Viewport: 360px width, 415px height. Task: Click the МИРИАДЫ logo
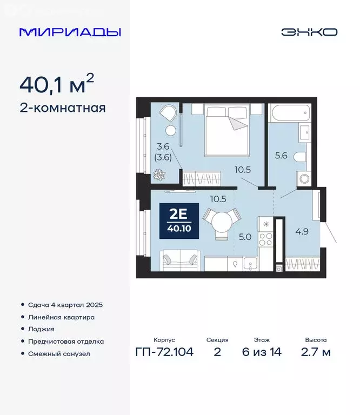[x=70, y=32]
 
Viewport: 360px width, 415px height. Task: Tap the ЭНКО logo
[x=309, y=32]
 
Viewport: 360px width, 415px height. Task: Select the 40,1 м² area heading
[x=57, y=84]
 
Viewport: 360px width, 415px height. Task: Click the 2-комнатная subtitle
[x=62, y=108]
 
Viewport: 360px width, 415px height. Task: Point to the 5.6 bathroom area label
[x=281, y=156]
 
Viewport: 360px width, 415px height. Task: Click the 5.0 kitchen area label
[x=245, y=236]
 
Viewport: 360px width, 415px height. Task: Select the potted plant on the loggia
[x=159, y=174]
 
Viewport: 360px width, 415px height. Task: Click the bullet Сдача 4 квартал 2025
[x=64, y=305]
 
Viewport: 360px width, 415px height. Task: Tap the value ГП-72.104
[x=164, y=353]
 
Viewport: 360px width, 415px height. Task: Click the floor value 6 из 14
[x=262, y=353]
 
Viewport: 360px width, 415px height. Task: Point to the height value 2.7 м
[x=315, y=353]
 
